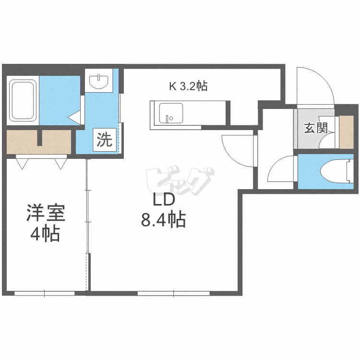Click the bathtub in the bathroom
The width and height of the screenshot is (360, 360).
pyautogui.click(x=23, y=101)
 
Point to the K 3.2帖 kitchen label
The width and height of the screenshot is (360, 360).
pyautogui.click(x=188, y=86)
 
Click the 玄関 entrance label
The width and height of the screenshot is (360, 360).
pyautogui.click(x=315, y=128)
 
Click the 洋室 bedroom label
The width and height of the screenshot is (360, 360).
pyautogui.click(x=45, y=213)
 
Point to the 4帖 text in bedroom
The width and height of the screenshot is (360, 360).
pyautogui.click(x=45, y=234)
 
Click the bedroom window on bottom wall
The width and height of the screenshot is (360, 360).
pyautogui.click(x=44, y=292)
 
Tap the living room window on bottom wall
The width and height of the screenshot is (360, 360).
pyautogui.click(x=173, y=292)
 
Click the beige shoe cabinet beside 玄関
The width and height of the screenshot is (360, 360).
pyautogui.click(x=346, y=132)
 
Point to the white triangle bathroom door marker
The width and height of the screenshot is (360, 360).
pyautogui.click(x=74, y=117)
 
